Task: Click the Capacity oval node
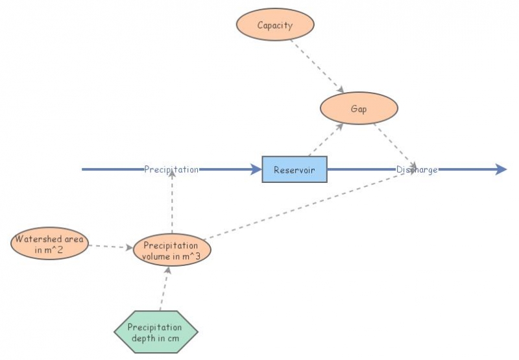click(x=275, y=26)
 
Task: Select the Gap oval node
click(x=359, y=109)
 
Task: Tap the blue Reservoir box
click(x=295, y=170)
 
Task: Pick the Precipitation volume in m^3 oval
click(x=172, y=250)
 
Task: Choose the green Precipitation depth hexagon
click(x=155, y=332)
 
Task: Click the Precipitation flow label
click(x=171, y=170)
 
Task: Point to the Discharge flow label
click(x=417, y=170)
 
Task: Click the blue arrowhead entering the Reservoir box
click(x=254, y=170)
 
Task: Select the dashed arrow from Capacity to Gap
click(x=316, y=66)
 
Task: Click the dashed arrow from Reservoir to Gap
click(x=326, y=139)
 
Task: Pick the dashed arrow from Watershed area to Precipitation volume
click(x=110, y=246)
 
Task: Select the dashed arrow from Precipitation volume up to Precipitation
click(x=172, y=204)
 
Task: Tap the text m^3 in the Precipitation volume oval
click(x=189, y=255)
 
